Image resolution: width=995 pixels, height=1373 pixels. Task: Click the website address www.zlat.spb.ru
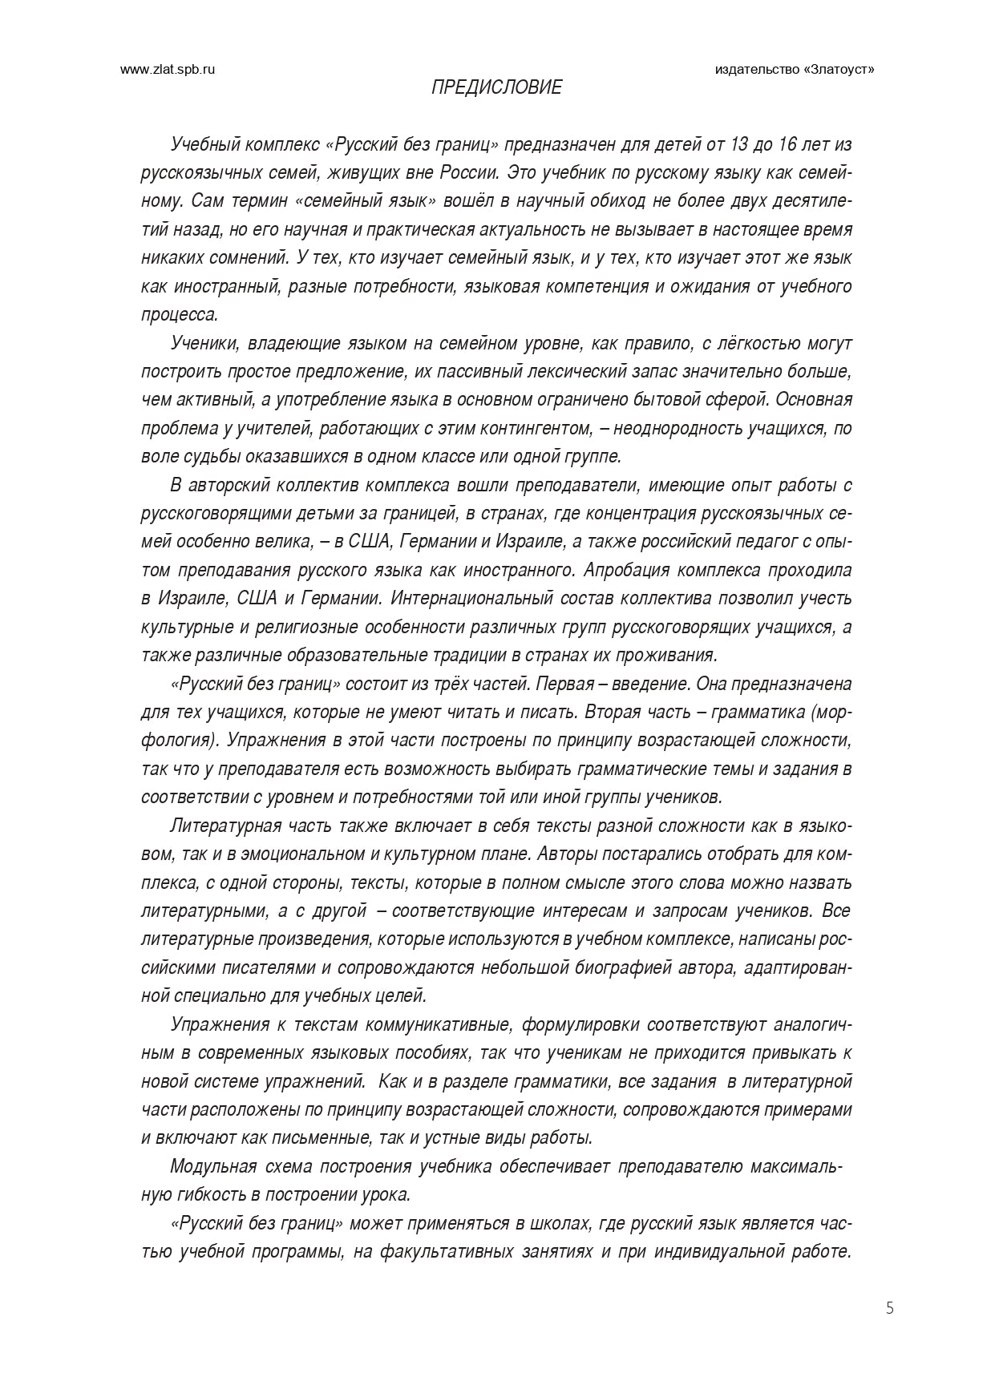(168, 70)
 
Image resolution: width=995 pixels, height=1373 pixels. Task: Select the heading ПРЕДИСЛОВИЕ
(497, 87)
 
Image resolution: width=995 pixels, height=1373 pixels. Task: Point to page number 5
(890, 1309)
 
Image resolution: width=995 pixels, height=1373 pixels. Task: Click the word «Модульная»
(213, 1166)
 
